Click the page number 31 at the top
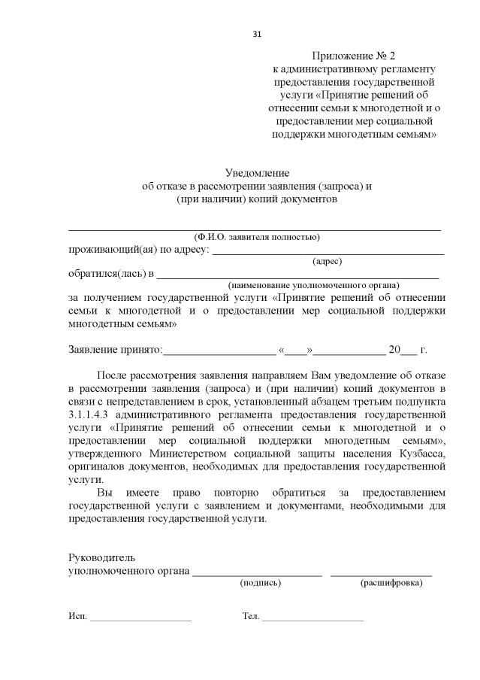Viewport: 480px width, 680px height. tap(257, 34)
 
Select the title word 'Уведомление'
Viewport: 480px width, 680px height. tap(257, 173)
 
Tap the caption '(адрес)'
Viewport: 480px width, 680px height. tap(327, 261)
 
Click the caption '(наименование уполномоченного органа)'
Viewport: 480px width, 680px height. tap(314, 285)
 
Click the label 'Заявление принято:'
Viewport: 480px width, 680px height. tap(115, 350)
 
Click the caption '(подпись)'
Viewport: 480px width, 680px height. tap(260, 583)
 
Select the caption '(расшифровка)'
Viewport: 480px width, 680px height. tap(391, 583)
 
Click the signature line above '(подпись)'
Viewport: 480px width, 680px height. tap(257, 575)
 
